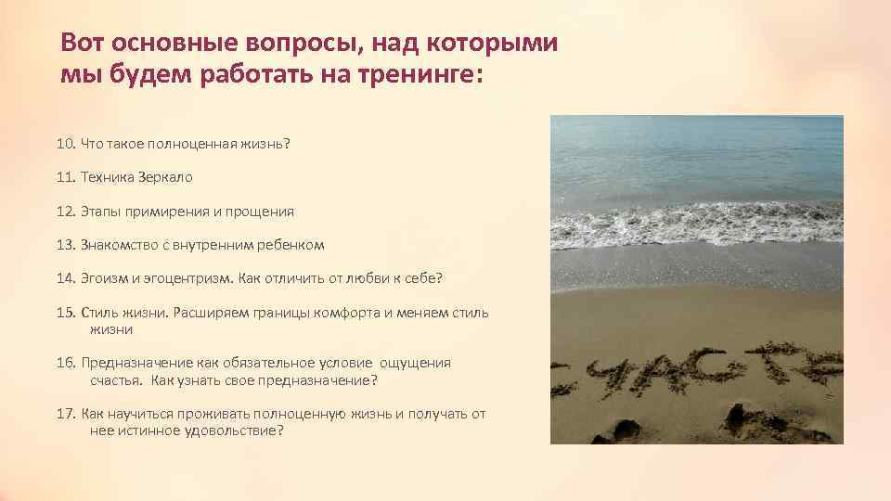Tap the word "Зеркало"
(x=167, y=177)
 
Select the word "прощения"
(x=262, y=212)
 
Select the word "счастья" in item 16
(x=116, y=380)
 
